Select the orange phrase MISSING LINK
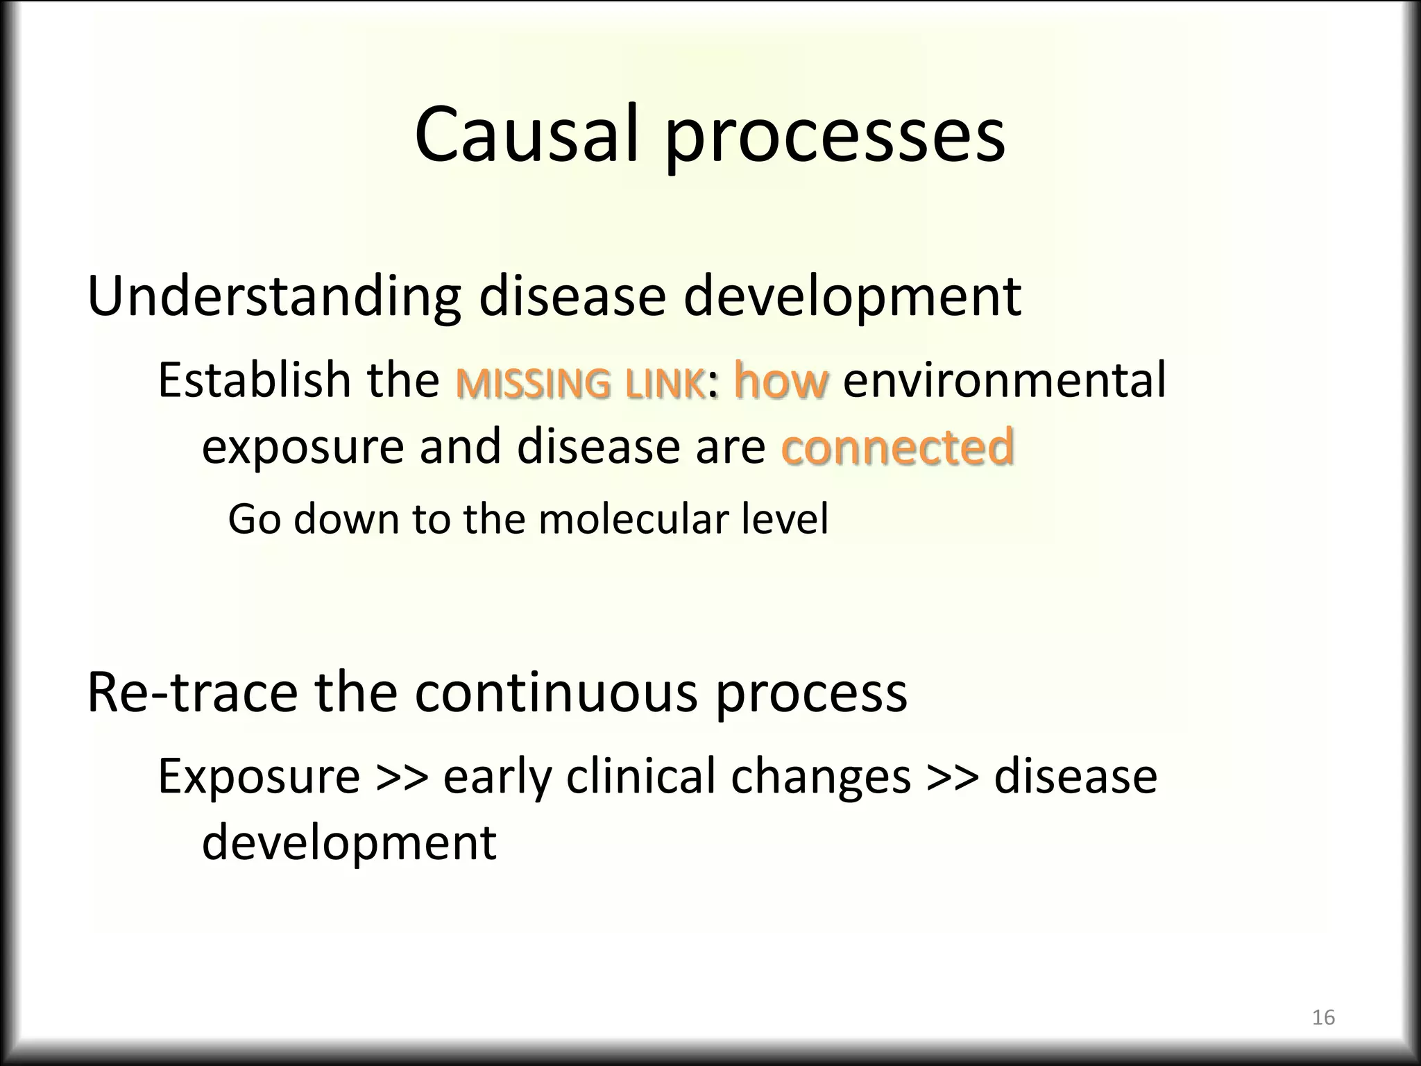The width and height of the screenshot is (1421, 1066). pyautogui.click(x=580, y=384)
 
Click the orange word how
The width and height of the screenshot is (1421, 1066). pyautogui.click(x=781, y=381)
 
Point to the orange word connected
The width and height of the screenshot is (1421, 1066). pyautogui.click(x=897, y=446)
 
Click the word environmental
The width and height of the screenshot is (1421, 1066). pyautogui.click(x=1004, y=381)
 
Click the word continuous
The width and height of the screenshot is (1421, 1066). pyautogui.click(x=556, y=693)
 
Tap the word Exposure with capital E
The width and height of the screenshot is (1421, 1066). pyautogui.click(x=259, y=777)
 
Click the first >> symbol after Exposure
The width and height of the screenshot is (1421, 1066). pyautogui.click(x=401, y=778)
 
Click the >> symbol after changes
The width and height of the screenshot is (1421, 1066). pyautogui.click(x=952, y=778)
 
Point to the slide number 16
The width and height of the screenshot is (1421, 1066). pyautogui.click(x=1323, y=1017)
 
